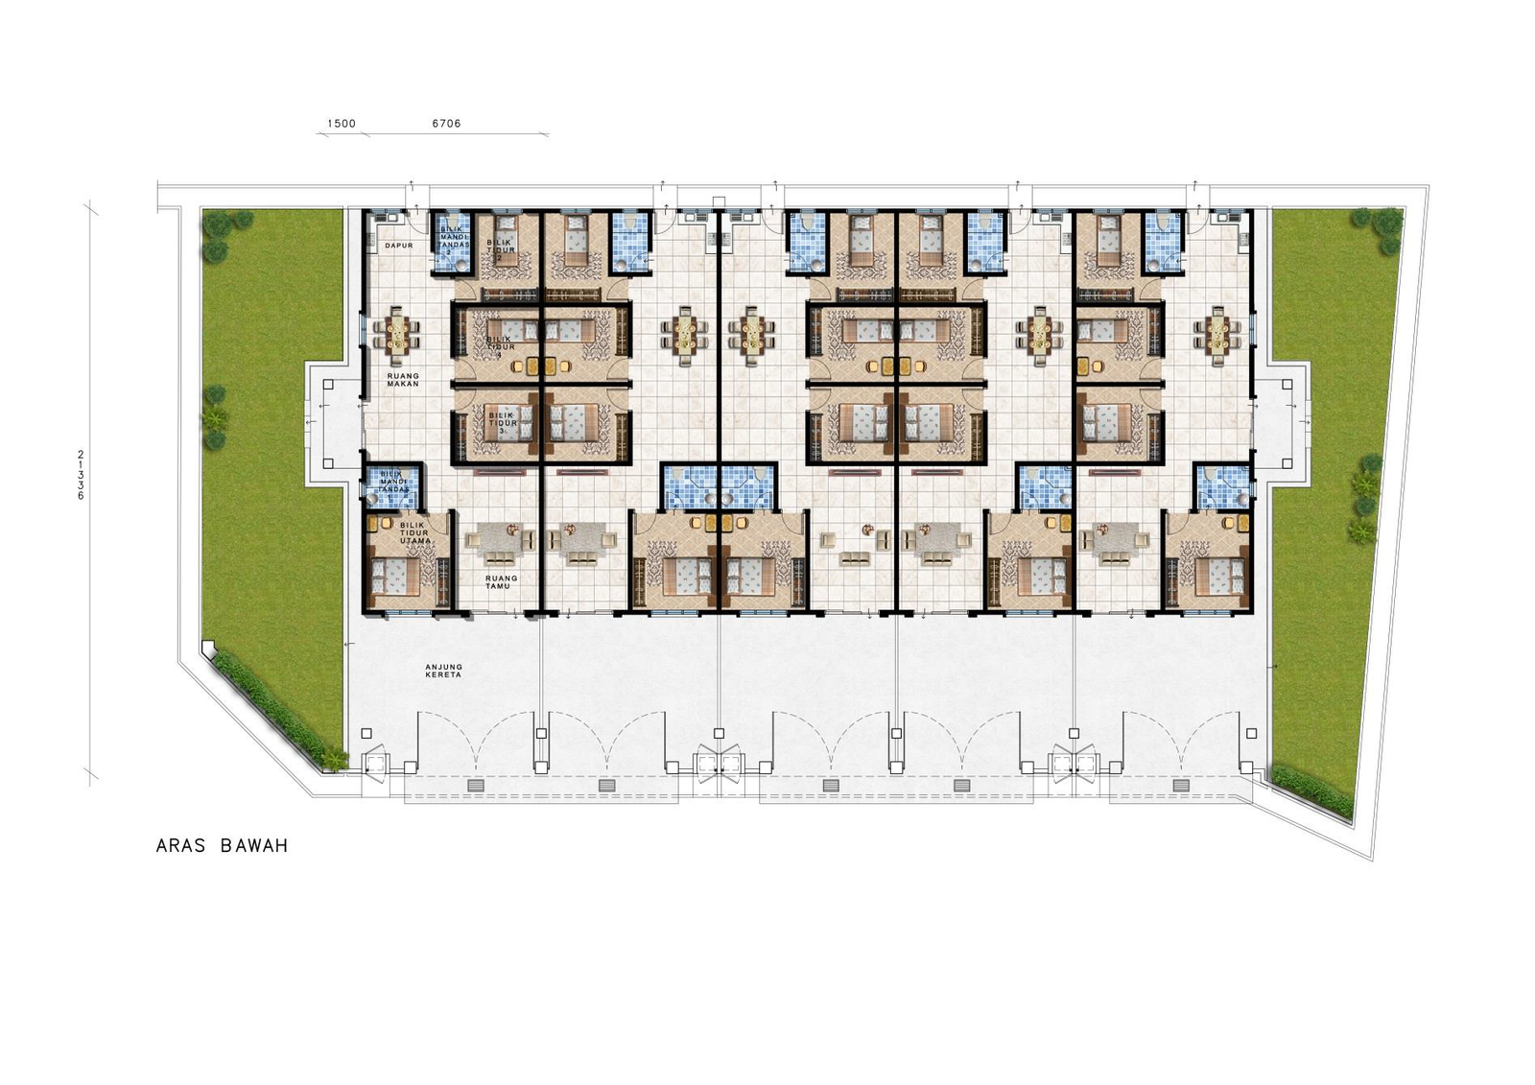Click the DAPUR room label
[x=398, y=246]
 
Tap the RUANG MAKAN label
[x=403, y=379]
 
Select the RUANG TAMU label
[x=501, y=581]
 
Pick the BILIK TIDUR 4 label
[x=499, y=346]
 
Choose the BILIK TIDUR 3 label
[x=501, y=421]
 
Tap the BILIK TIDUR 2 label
[x=501, y=250]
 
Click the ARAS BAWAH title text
[x=222, y=846]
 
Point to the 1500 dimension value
[x=341, y=124]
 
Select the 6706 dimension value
[x=446, y=124]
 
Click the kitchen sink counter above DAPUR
[x=389, y=218]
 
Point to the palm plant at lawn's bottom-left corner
[x=332, y=759]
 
